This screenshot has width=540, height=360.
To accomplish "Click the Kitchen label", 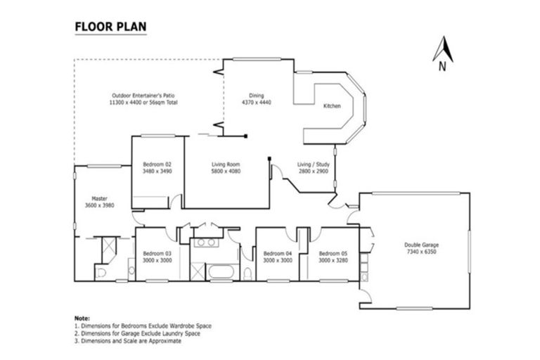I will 332,105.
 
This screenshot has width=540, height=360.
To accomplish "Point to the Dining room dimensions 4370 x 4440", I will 256,103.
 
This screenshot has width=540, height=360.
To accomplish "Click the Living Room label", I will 226,164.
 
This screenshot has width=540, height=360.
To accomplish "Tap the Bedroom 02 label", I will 157,164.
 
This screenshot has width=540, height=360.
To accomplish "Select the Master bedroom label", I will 98,198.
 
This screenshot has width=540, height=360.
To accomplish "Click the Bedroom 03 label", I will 157,253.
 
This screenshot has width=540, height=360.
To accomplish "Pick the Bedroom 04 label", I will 277,253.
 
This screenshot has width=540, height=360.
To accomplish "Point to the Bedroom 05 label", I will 333,253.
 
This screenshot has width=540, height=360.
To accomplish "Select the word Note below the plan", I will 82,318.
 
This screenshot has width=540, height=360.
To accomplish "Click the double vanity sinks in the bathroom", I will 206,242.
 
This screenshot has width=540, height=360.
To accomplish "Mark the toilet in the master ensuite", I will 100,273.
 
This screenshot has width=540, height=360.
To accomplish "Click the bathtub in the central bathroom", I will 224,271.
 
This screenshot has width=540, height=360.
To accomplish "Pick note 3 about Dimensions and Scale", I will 129,340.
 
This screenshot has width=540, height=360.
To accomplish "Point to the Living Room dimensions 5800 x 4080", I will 226,171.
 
